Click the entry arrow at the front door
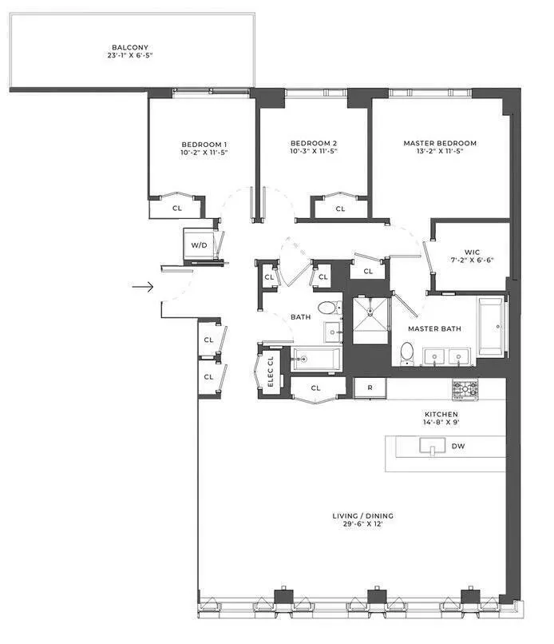pyautogui.click(x=143, y=286)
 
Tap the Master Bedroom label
pyautogui.click(x=440, y=144)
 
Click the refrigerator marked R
pyautogui.click(x=370, y=388)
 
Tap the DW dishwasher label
pyautogui.click(x=458, y=447)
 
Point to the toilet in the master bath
pyautogui.click(x=406, y=352)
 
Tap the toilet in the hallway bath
pyautogui.click(x=327, y=308)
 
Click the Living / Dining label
pyautogui.click(x=362, y=516)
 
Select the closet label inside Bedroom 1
pyautogui.click(x=177, y=207)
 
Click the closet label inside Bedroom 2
pyautogui.click(x=340, y=209)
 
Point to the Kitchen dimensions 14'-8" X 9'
pyautogui.click(x=441, y=423)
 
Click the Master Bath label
pyautogui.click(x=434, y=328)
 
